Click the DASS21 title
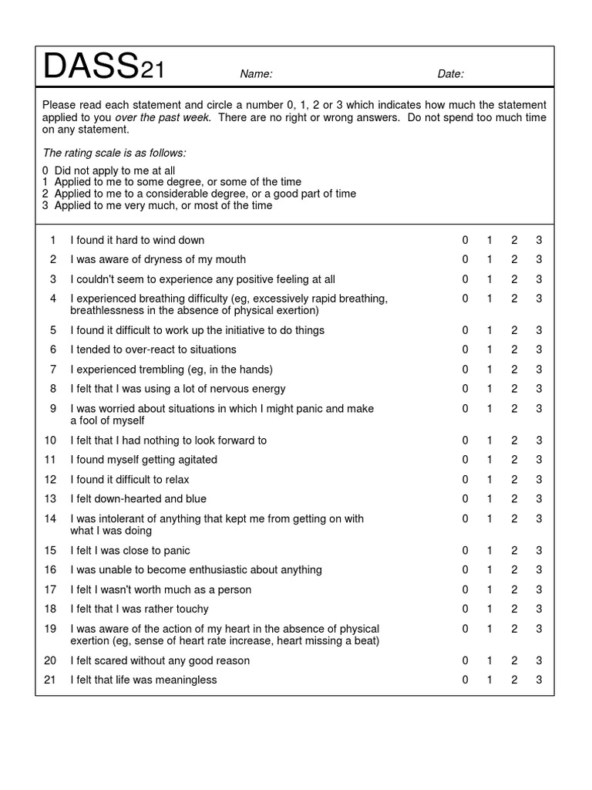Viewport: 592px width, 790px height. point(103,69)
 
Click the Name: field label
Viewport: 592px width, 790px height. point(256,74)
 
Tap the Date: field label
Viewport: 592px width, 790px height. point(450,74)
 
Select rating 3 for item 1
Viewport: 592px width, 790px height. point(540,240)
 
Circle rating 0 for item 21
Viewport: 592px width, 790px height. point(465,680)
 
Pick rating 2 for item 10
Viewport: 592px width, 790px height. point(514,441)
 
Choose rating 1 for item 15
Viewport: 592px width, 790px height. point(489,551)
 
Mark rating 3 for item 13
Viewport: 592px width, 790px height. point(540,499)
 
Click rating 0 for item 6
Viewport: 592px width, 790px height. point(465,349)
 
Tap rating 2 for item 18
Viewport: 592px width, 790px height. point(514,609)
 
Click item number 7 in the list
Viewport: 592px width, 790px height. point(53,370)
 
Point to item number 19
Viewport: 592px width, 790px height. point(50,629)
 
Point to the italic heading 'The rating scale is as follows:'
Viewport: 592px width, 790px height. point(114,154)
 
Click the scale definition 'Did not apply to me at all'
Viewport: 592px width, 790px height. point(115,170)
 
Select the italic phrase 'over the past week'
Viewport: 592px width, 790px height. point(163,117)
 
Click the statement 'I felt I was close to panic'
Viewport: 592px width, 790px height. point(130,551)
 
